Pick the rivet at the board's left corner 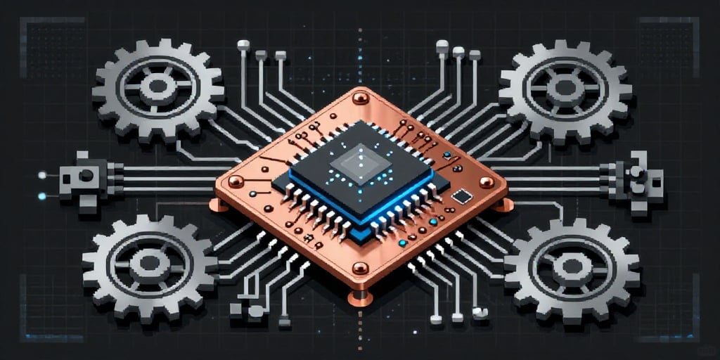(x=235, y=182)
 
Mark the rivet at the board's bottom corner (x=360, y=268)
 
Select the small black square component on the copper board (x=461, y=196)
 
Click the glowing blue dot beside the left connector (x=42, y=196)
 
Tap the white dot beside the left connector (x=42, y=174)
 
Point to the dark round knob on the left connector (x=86, y=175)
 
